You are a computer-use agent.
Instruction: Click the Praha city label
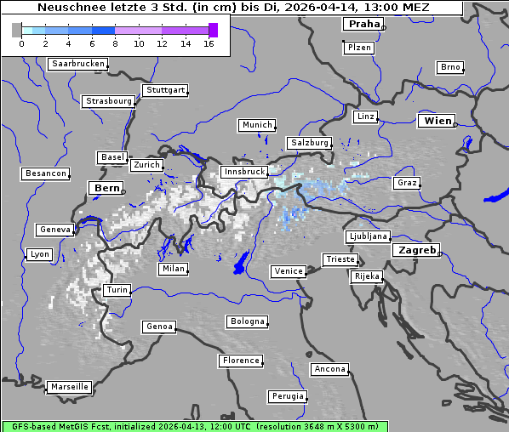363,24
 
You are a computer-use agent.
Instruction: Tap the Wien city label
438,121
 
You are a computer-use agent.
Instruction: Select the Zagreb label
416,250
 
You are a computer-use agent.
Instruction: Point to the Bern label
106,187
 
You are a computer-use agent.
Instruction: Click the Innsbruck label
243,172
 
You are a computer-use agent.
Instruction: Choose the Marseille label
69,386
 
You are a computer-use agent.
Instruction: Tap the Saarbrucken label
78,64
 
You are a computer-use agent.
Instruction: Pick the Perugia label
287,396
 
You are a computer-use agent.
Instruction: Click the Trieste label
340,259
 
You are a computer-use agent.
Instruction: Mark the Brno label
449,67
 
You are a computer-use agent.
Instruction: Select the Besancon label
46,173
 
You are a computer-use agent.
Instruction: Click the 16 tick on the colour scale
209,43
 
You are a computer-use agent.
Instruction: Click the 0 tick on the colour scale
20,43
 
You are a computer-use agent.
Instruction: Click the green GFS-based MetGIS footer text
194,426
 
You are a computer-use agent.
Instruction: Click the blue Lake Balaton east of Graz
494,197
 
